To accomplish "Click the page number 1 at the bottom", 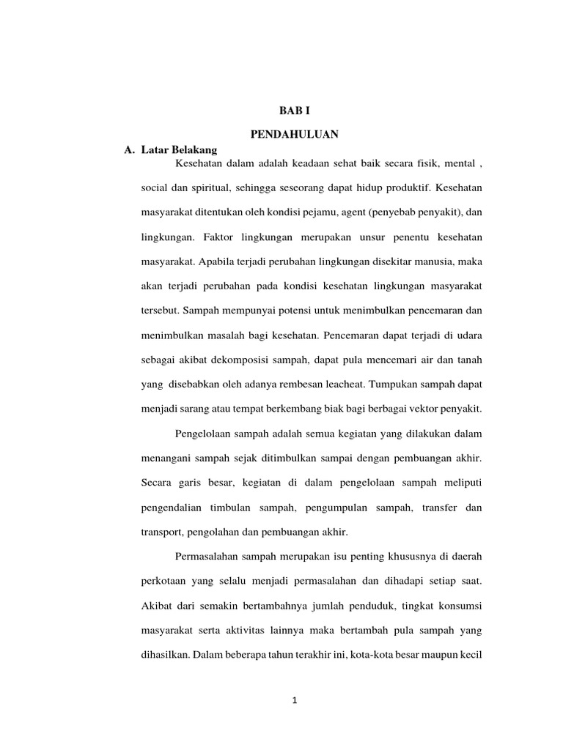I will click(x=294, y=700).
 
